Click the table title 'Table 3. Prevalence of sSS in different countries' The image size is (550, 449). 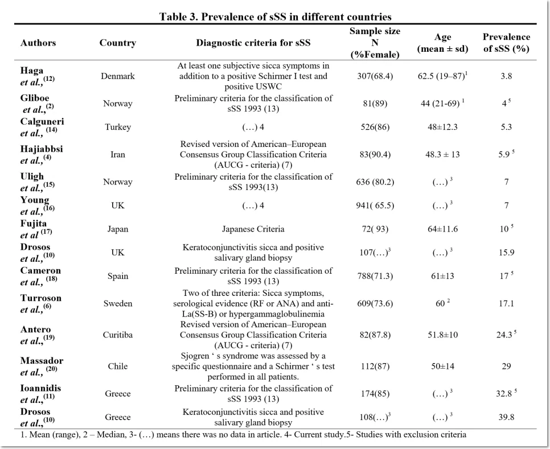(x=276, y=17)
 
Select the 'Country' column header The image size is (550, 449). (x=117, y=43)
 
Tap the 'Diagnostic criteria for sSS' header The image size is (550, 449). (x=253, y=43)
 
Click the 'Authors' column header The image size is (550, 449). (x=38, y=43)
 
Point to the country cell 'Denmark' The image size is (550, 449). (x=117, y=76)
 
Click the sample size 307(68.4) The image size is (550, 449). (x=375, y=76)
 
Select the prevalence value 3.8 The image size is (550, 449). (x=506, y=76)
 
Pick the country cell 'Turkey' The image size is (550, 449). (x=117, y=127)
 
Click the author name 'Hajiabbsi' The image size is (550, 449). (x=42, y=149)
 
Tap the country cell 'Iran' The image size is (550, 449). (x=117, y=155)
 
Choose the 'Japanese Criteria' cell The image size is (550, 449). (x=253, y=229)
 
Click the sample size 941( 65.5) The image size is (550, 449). (x=375, y=205)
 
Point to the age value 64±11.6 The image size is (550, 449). (x=442, y=229)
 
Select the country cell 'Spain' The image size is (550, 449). (x=117, y=276)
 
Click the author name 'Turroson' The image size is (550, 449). (x=40, y=298)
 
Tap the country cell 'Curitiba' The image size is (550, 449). (x=117, y=335)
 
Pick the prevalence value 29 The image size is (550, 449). (x=506, y=366)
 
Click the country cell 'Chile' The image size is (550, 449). (x=117, y=366)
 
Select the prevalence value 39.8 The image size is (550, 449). (x=506, y=417)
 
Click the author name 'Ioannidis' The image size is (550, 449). (x=40, y=388)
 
